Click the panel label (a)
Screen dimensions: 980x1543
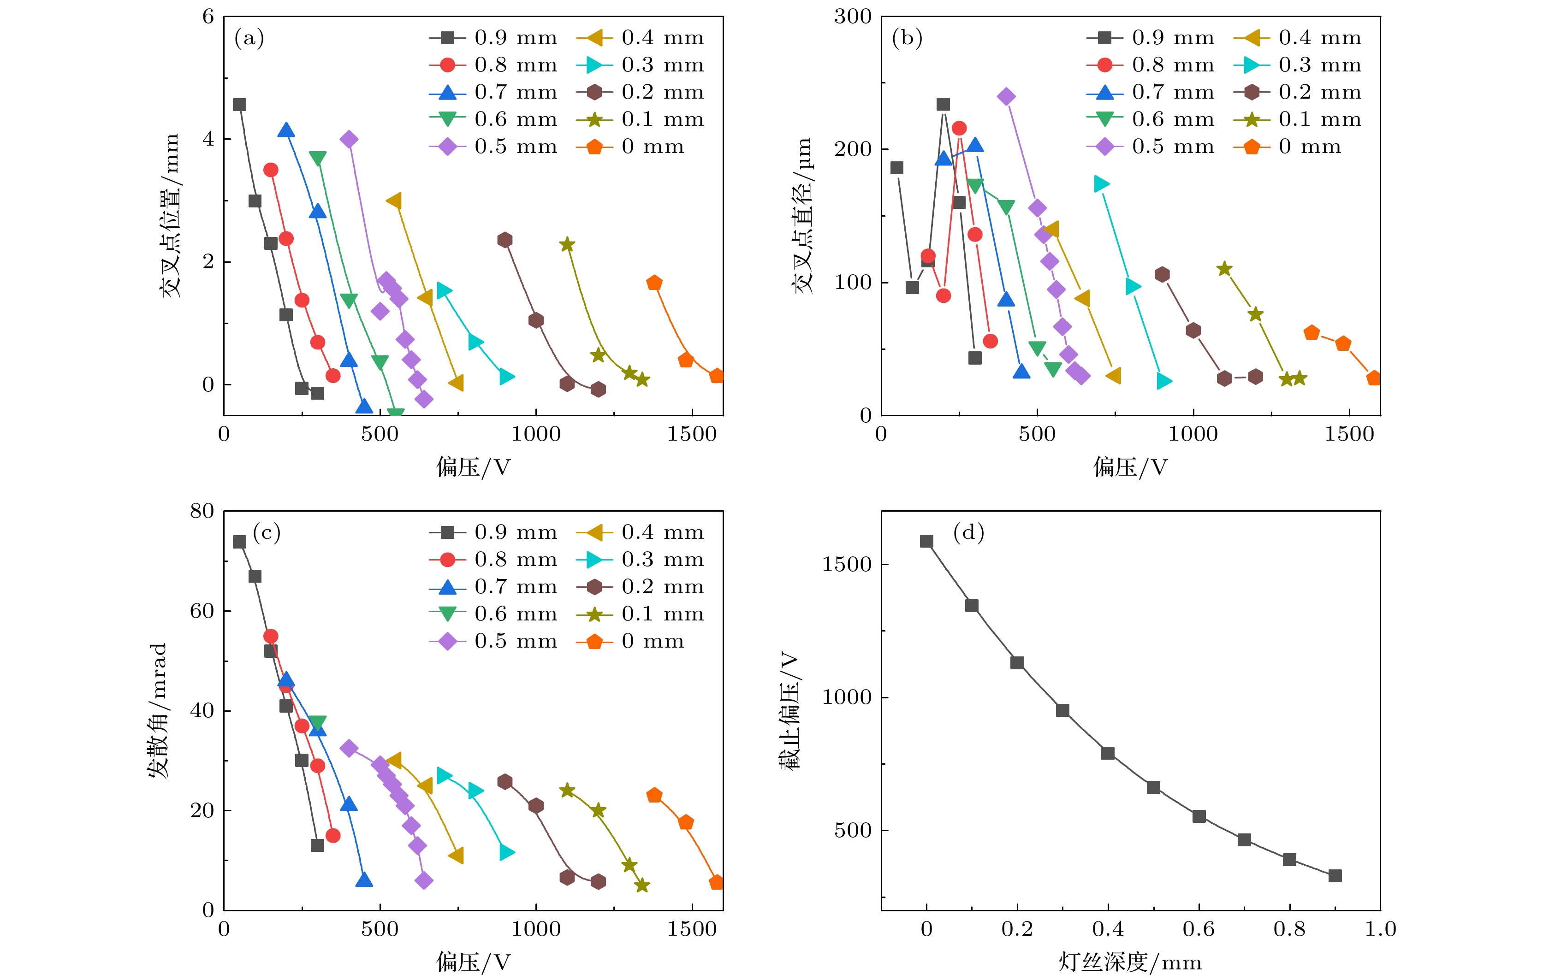[x=249, y=38]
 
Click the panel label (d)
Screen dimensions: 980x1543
[x=968, y=533]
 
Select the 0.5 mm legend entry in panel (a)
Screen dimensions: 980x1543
[x=493, y=147]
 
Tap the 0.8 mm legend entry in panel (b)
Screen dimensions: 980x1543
[x=1151, y=65]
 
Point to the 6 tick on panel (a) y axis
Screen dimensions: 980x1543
[x=208, y=17]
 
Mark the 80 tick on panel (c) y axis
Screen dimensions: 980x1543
[x=202, y=511]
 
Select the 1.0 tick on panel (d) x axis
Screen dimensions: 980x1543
[x=1380, y=929]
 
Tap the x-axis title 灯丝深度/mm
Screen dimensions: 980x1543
[x=1130, y=962]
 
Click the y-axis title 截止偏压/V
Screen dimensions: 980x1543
[x=789, y=710]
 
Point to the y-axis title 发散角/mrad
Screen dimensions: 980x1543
[x=158, y=710]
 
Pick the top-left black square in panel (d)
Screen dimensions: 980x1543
[x=926, y=541]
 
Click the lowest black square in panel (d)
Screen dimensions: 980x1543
[x=1335, y=876]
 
